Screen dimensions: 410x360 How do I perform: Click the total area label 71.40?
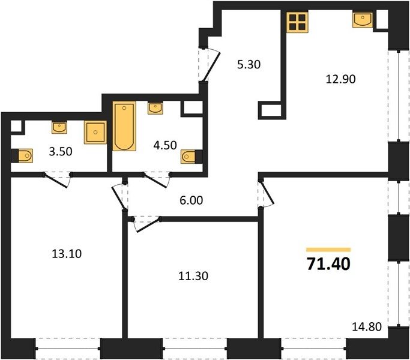coord(328,263)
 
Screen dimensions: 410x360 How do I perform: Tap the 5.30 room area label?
coord(249,64)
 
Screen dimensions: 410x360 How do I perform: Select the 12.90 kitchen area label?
coord(341,79)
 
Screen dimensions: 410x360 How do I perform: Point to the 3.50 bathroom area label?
coord(61,152)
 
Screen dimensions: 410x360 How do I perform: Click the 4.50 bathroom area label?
coord(165,145)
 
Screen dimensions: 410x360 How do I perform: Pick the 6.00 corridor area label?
coord(191,200)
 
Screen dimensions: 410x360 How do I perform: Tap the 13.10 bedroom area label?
coord(67,254)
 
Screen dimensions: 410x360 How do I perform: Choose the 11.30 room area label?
coord(193,276)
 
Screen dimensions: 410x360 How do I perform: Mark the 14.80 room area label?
coord(367,327)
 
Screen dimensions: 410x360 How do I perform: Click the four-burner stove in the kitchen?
coord(297,22)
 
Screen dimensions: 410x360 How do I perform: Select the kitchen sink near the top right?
coord(363,20)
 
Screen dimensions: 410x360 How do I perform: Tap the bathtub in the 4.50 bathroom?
coord(124,126)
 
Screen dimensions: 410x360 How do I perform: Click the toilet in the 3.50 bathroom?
coord(23,156)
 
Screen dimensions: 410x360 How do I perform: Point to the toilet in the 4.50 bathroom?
coord(191,157)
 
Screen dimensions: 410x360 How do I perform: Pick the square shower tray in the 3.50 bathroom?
coord(95,132)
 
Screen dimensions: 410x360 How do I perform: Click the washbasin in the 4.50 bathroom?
coord(155,108)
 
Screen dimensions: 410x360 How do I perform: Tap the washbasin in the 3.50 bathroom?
coord(59,127)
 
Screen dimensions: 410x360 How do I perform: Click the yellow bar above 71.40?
coord(328,250)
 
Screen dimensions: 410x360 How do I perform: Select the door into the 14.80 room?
coord(266,193)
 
